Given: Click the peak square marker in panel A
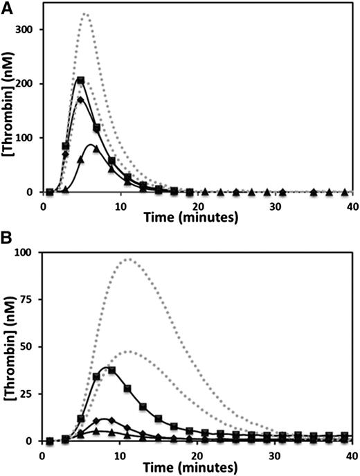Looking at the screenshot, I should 80,80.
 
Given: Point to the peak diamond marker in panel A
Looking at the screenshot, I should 80,100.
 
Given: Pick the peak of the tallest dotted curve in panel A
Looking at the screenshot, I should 84,14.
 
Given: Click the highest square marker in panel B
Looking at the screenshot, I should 111,369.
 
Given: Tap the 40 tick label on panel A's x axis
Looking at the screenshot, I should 352,205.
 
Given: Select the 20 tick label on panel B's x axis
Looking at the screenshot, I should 197,454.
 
